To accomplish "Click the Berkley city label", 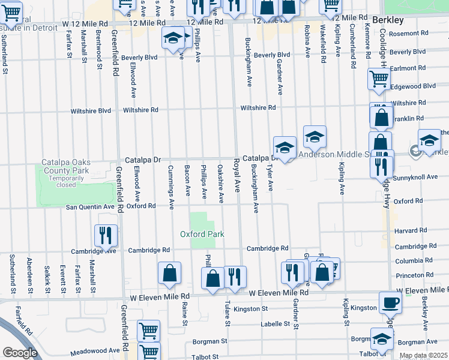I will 388,20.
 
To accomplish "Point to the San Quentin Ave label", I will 90,206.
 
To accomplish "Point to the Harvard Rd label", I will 410,230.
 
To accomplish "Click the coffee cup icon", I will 390,302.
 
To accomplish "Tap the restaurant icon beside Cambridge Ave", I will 106,235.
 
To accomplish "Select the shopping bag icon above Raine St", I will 170,273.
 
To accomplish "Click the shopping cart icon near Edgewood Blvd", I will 379,79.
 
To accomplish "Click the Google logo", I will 19,352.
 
